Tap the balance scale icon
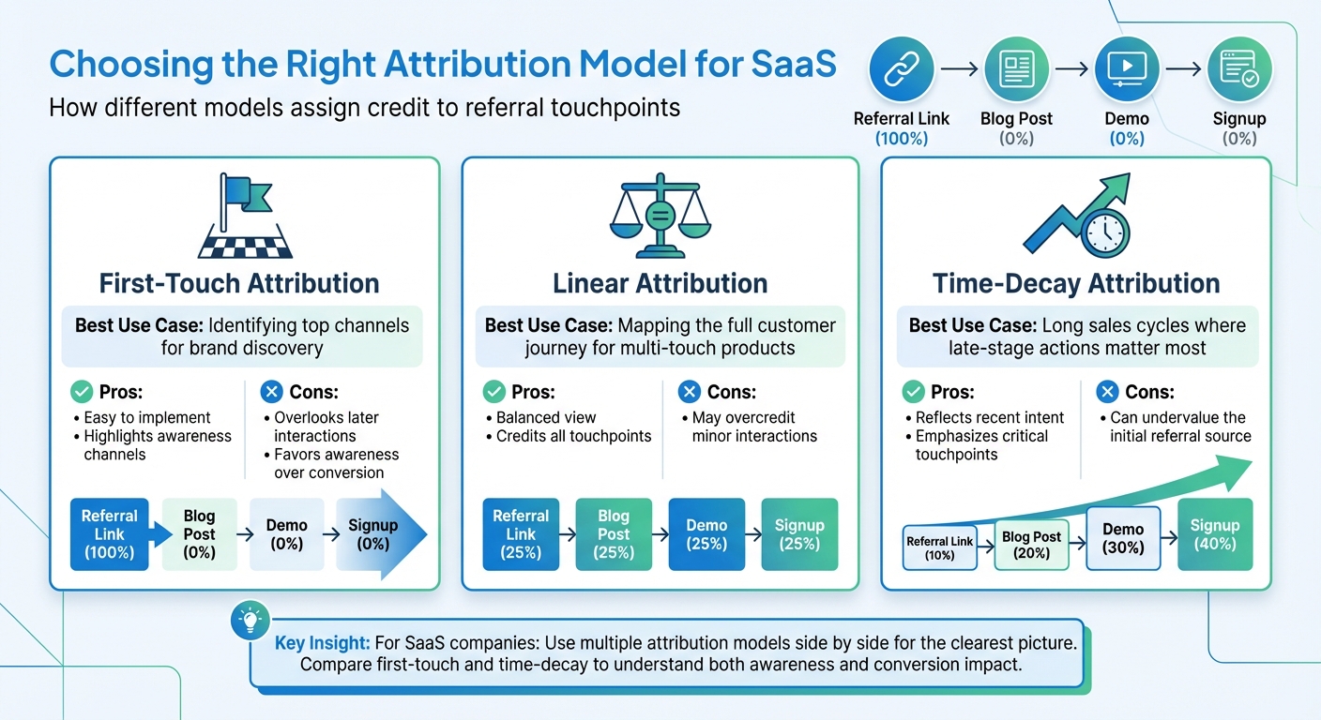coord(660,215)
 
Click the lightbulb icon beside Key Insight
coord(251,620)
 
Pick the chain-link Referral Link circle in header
coord(901,68)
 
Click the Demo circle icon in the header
coord(1126,68)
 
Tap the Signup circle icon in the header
coord(1238,68)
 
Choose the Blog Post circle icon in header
coord(1016,68)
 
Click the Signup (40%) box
coord(1215,534)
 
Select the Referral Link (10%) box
coord(939,547)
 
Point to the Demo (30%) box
coord(1123,538)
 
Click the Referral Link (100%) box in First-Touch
coord(110,534)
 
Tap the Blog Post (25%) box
coord(613,534)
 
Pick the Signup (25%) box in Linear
coord(799,534)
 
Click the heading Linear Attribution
coord(660,283)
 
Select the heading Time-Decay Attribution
coord(1076,283)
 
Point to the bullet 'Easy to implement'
coord(147,417)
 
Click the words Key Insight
coord(322,645)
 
